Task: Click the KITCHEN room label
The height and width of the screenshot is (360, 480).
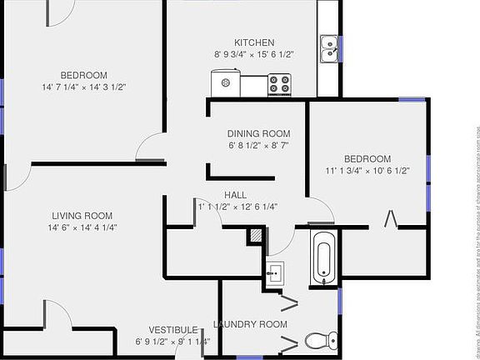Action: [254, 42]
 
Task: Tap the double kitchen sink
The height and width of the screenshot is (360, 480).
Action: [330, 47]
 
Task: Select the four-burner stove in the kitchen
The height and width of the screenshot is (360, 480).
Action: [279, 84]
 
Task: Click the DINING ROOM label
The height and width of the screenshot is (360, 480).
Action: [258, 133]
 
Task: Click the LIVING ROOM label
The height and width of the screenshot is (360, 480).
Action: [82, 215]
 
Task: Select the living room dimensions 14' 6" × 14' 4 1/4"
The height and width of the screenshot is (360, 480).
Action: [82, 227]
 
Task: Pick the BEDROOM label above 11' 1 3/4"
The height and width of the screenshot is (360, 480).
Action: [367, 158]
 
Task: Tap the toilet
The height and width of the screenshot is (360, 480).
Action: [320, 340]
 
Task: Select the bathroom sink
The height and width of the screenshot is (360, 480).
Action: [276, 272]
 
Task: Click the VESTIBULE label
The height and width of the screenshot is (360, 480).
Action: [172, 329]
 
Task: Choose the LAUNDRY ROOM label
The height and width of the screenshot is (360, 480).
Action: [250, 324]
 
